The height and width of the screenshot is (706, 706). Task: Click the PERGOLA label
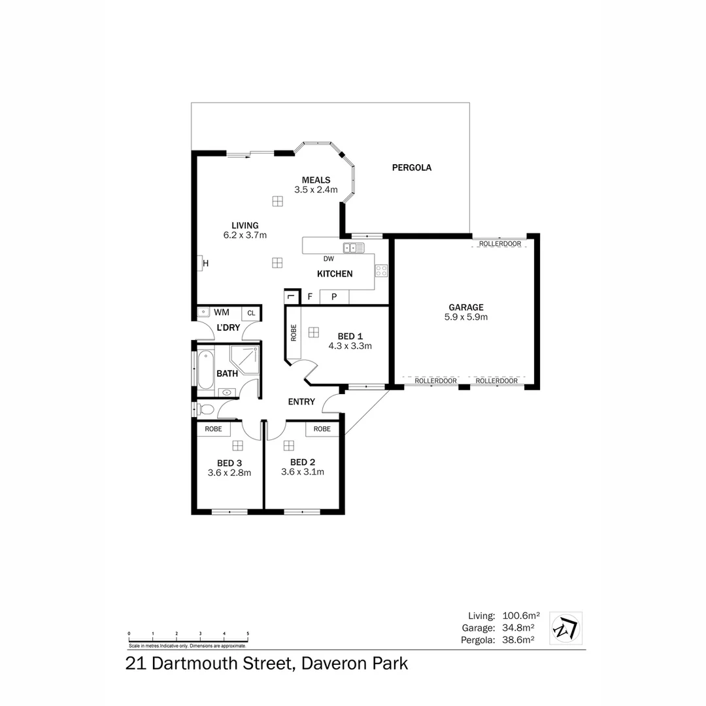(x=411, y=167)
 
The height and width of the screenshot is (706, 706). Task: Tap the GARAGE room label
(x=465, y=307)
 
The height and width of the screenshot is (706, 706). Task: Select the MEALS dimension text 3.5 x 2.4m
(x=316, y=190)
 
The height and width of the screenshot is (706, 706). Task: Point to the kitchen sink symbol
(x=354, y=248)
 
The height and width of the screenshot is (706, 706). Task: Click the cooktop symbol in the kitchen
(x=381, y=271)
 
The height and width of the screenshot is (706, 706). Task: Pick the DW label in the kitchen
(x=328, y=259)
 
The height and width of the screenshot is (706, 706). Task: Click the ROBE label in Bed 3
(x=213, y=429)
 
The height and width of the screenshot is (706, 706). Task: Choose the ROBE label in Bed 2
(x=322, y=429)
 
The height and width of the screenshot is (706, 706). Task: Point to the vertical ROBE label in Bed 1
(x=294, y=333)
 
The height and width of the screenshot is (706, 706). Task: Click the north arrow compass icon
(x=565, y=628)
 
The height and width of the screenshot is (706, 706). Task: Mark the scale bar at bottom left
(x=188, y=638)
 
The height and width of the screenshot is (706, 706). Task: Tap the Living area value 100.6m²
(x=520, y=616)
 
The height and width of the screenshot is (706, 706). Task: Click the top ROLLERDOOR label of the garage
(x=499, y=244)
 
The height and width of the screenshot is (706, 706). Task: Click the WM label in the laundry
(x=221, y=312)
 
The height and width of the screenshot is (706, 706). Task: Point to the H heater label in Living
(x=205, y=263)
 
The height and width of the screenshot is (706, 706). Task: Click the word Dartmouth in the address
(x=220, y=664)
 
